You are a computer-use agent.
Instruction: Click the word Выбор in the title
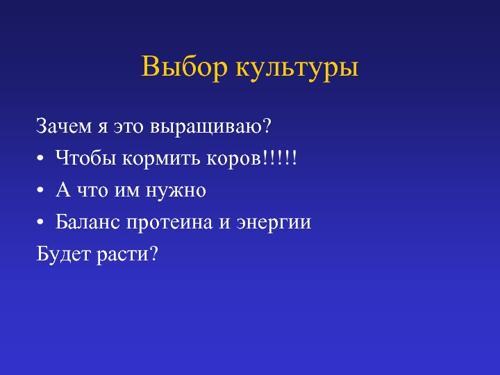pyautogui.click(x=184, y=67)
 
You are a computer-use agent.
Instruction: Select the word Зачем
pyautogui.click(x=64, y=126)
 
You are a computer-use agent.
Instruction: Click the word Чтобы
pyautogui.click(x=85, y=158)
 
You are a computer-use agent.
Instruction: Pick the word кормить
pyautogui.click(x=161, y=158)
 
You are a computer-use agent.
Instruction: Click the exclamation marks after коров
pyautogui.click(x=280, y=158)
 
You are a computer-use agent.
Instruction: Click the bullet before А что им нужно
pyautogui.click(x=40, y=190)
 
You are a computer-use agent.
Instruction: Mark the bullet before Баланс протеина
pyautogui.click(x=40, y=222)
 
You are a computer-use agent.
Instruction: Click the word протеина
pyautogui.click(x=169, y=223)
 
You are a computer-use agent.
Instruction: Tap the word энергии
pyautogui.click(x=274, y=223)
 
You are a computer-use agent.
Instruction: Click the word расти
pyautogui.click(x=122, y=256)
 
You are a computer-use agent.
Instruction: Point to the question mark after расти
pyautogui.click(x=153, y=253)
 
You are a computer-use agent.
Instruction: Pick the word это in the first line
pyautogui.click(x=128, y=127)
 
